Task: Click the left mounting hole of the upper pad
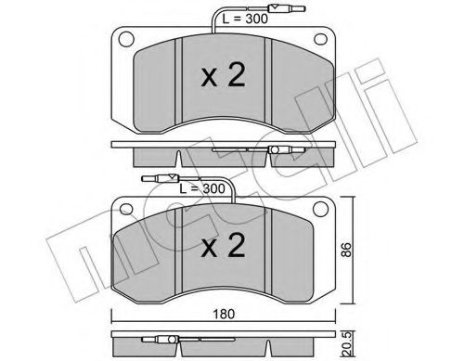[123, 41]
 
